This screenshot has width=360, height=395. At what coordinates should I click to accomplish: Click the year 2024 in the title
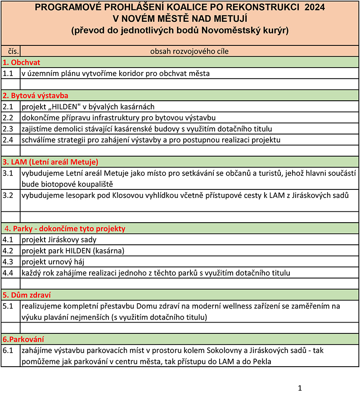click(x=312, y=8)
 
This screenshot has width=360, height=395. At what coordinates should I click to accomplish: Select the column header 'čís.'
click(x=10, y=51)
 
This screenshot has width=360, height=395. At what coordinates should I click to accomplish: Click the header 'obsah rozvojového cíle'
click(x=189, y=51)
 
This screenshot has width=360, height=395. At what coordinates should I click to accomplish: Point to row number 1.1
click(x=8, y=73)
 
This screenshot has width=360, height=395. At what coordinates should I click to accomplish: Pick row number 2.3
click(x=8, y=129)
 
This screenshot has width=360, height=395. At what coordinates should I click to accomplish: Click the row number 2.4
click(x=8, y=139)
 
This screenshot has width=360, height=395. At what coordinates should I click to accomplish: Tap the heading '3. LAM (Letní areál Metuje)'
click(x=50, y=162)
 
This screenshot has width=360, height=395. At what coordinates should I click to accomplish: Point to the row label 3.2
click(x=8, y=195)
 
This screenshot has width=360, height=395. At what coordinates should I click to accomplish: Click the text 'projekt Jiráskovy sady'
click(x=59, y=239)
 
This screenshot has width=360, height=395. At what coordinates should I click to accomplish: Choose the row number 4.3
click(x=8, y=261)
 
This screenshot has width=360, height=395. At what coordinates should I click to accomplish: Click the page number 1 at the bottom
click(x=300, y=388)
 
